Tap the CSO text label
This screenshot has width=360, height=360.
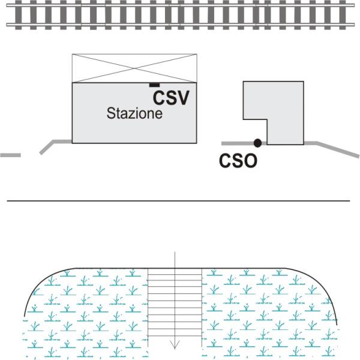tap(238, 161)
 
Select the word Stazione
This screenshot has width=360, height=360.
tap(134, 113)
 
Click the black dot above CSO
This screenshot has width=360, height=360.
tap(257, 143)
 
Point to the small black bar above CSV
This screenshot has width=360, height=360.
tap(154, 86)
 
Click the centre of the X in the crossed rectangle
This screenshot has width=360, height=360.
tap(134, 68)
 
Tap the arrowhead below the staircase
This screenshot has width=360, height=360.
tap(175, 345)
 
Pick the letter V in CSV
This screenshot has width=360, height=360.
tap(183, 98)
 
